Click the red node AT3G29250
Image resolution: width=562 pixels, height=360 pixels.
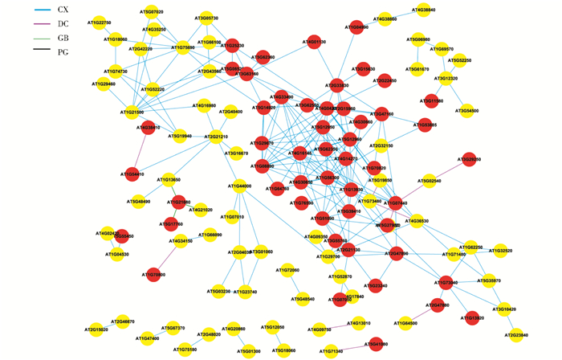[471, 161]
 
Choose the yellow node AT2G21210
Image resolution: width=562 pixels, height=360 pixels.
[216, 137]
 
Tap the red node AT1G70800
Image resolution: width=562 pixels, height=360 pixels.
[154, 275]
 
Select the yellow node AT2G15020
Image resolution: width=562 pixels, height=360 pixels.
[98, 329]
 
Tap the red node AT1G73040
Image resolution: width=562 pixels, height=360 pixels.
[449, 283]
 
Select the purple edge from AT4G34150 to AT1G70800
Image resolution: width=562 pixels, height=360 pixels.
[169, 259]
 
